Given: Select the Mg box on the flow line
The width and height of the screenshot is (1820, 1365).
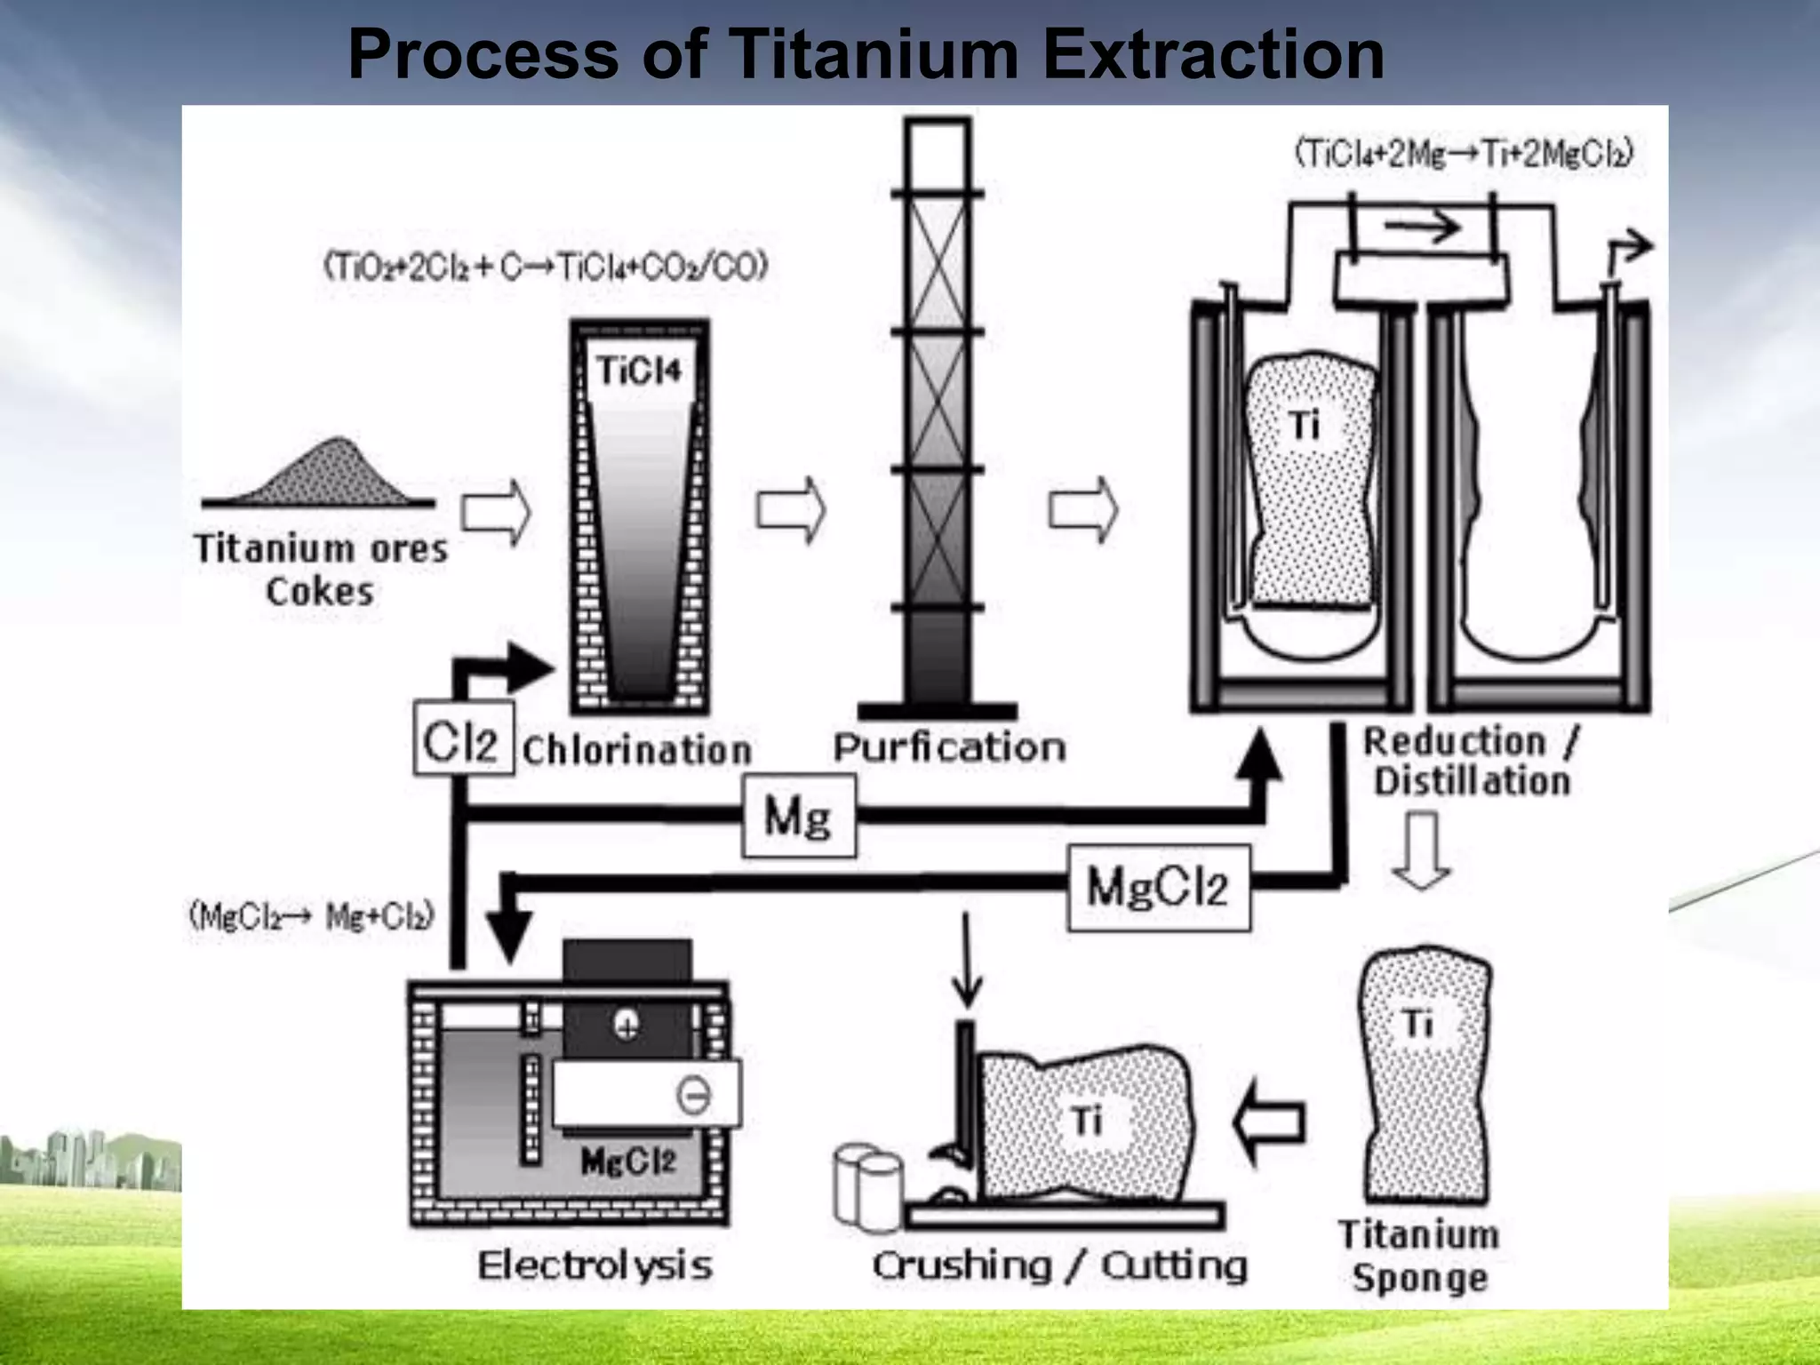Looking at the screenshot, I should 798,816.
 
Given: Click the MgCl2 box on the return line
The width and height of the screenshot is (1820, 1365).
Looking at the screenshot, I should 1158,887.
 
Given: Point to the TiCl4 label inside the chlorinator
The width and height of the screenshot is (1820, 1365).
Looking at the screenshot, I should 639,370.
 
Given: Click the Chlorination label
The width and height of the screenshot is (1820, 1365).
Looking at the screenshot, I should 636,750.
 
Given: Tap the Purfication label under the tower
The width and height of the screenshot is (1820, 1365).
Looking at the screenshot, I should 949,747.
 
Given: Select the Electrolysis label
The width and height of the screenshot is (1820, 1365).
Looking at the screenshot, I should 595,1265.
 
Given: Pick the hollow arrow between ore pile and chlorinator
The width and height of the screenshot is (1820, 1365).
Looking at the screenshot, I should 496,512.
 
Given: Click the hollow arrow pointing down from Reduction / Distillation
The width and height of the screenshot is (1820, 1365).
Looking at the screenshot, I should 1422,849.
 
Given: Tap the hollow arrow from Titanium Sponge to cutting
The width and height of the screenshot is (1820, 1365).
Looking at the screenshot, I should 1270,1122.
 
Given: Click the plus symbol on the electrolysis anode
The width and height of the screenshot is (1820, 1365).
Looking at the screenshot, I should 627,1026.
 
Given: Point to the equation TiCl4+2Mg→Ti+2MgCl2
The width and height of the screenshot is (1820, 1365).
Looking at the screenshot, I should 1464,154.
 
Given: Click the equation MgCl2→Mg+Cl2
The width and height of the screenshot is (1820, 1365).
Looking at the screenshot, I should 311,915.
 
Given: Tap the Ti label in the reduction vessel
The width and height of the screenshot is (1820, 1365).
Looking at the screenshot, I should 1305,425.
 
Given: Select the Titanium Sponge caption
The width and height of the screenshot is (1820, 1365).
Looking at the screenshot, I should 1419,1256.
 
